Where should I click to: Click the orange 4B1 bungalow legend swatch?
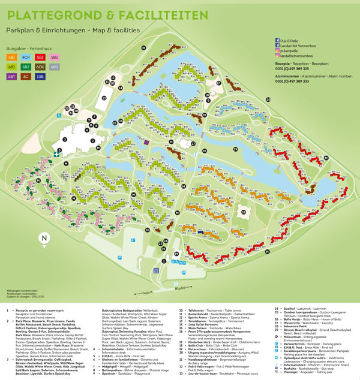coord(12,57)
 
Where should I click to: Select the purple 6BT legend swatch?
coord(12,76)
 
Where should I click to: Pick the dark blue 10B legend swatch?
coord(40,76)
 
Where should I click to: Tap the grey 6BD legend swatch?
coord(55,67)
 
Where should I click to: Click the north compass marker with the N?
coord(43,238)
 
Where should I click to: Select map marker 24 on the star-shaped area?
coord(243,211)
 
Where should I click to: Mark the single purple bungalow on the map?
coord(146,142)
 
